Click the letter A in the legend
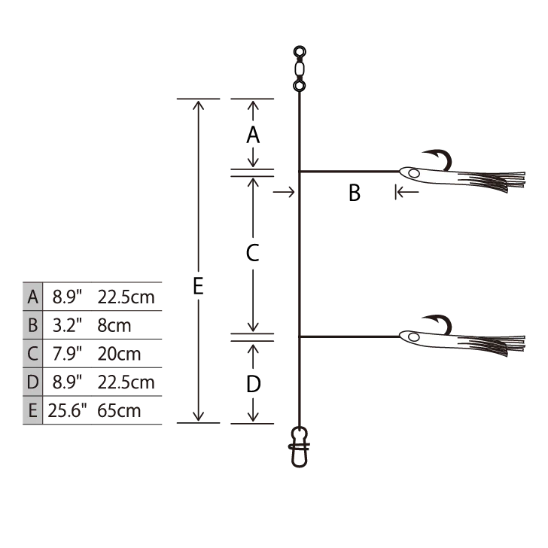coord(32,297)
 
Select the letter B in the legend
coord(32,325)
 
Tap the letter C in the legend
coord(32,353)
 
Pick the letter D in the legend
coord(32,382)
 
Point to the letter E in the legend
coord(32,410)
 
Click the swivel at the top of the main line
coord(300,69)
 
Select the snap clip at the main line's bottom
coord(299,446)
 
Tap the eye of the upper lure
coord(413,174)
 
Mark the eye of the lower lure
coord(413,337)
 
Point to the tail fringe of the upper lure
coord(501,183)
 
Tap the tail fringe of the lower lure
coord(501,345)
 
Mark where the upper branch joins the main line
coord(299,172)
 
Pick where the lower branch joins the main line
coord(299,336)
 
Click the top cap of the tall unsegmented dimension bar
coord(199,99)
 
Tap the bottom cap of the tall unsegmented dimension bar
coord(199,425)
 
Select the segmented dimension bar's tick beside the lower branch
coord(253,337)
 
